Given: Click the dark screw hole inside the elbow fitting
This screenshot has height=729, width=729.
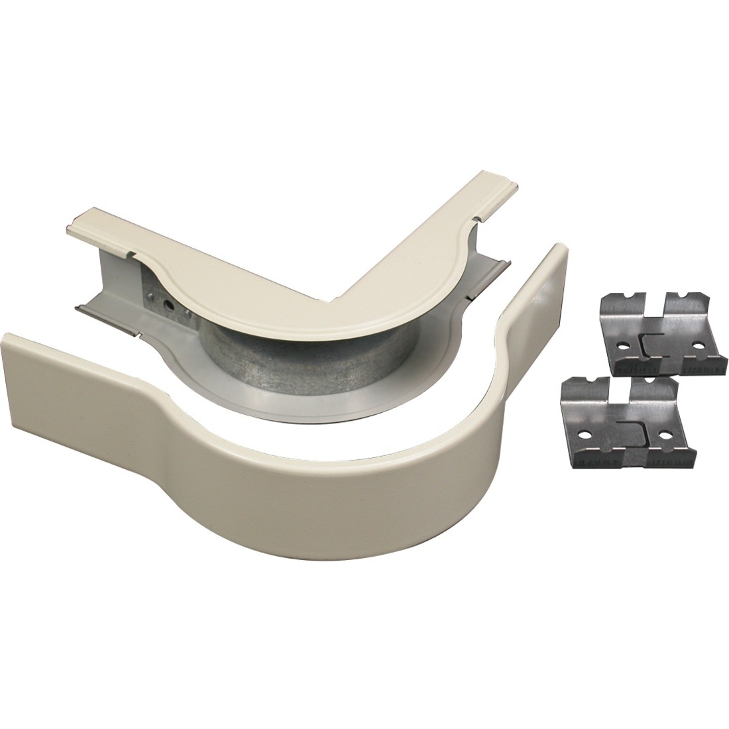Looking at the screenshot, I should click(x=171, y=307).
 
